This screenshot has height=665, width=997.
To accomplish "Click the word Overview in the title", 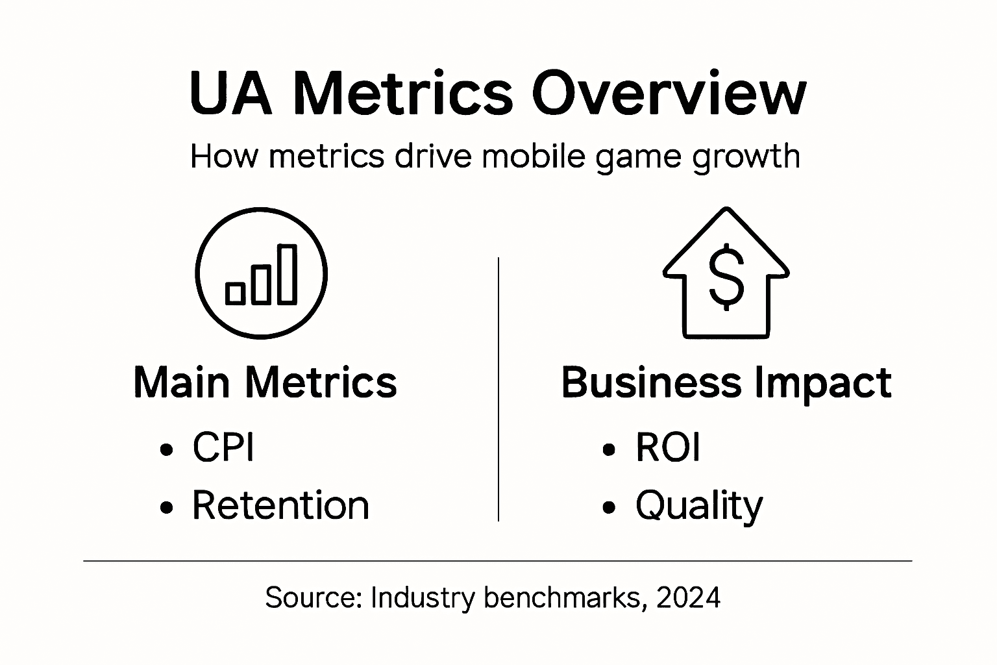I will pos(669,94).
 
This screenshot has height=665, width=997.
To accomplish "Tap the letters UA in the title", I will pos(230,94).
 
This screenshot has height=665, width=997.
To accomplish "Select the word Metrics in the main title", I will pos(402,94).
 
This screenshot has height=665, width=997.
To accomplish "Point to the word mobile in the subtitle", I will pos(532,157).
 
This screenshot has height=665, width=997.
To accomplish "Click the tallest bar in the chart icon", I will pos(287,274).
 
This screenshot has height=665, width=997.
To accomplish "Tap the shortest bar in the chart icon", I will pos(235,294).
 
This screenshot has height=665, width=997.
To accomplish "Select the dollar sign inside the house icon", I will pos(726,275).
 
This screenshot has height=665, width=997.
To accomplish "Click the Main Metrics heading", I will pos(265,383).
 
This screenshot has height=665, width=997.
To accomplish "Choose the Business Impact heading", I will pos(726,383).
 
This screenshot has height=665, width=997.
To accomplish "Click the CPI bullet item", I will pos(223,447).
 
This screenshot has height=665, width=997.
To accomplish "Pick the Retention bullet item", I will pos(280,505).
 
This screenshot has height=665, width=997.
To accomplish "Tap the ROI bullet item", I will pos(668,447).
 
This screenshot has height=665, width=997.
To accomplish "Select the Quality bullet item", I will pos(699,506).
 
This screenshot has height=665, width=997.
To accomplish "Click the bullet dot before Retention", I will pos(167,507).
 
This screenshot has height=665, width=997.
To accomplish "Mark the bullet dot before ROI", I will pos(609,449).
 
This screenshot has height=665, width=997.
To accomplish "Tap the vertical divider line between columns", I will pos(498,390).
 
